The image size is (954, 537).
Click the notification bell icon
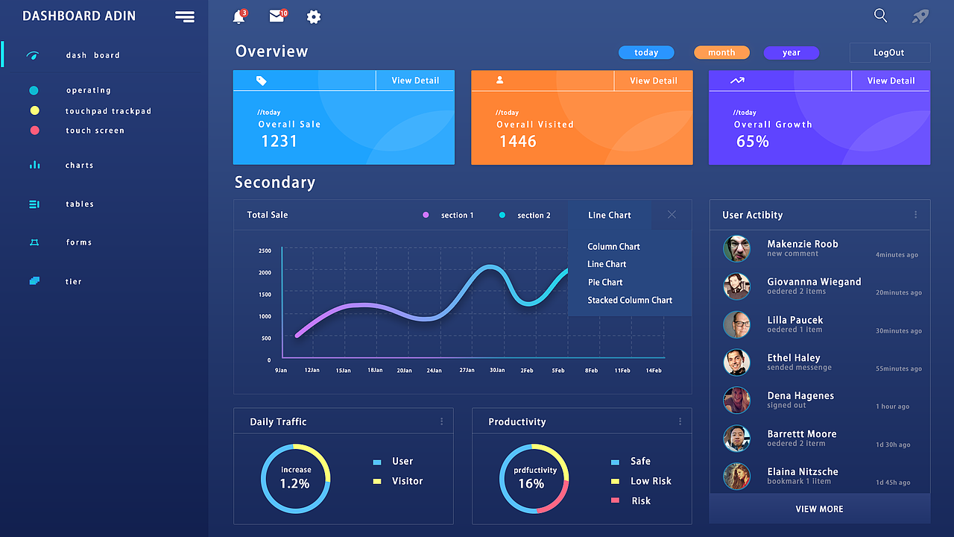[x=238, y=17]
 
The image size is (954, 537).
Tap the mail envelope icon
[x=277, y=16]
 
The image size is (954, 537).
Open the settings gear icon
[x=314, y=17]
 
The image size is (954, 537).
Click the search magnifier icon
[x=880, y=16]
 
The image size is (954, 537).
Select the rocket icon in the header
[x=920, y=16]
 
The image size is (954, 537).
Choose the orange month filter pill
[x=721, y=53]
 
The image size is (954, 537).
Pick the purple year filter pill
[x=792, y=53]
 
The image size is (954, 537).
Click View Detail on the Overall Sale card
[x=415, y=81]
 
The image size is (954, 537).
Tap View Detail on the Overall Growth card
[x=891, y=81]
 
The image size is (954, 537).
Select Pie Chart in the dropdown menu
[x=605, y=283]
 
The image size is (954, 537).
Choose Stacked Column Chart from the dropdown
[x=630, y=301]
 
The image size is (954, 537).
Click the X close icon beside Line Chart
[x=672, y=215]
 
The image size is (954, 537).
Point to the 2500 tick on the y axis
[x=265, y=251]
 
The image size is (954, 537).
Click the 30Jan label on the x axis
[x=497, y=371]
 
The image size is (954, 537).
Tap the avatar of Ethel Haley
[x=736, y=362]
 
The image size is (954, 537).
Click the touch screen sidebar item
[x=95, y=131]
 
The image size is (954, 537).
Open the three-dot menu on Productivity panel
[x=680, y=421]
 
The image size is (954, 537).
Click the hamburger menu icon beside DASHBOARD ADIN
[x=185, y=16]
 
